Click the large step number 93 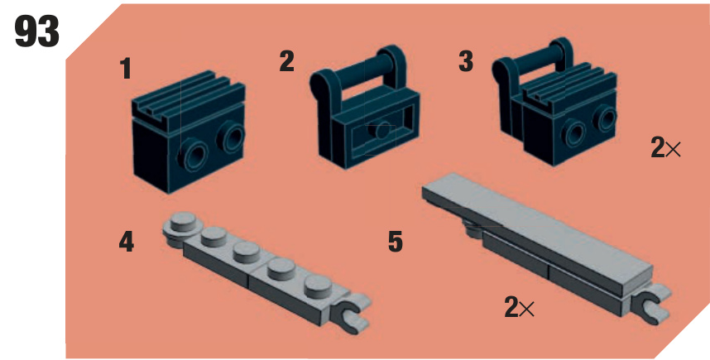point(36,31)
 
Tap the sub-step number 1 point(126,69)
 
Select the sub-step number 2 point(286,61)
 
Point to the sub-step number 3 point(466,61)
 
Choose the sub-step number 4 point(127,242)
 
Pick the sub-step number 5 point(396,242)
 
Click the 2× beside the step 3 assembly point(665,147)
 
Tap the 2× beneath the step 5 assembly point(519,308)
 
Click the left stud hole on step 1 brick point(193,156)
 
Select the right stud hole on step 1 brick point(232,137)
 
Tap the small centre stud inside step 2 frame point(382,131)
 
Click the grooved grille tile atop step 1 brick point(189,97)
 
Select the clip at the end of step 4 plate point(351,312)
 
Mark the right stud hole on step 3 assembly point(606,118)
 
